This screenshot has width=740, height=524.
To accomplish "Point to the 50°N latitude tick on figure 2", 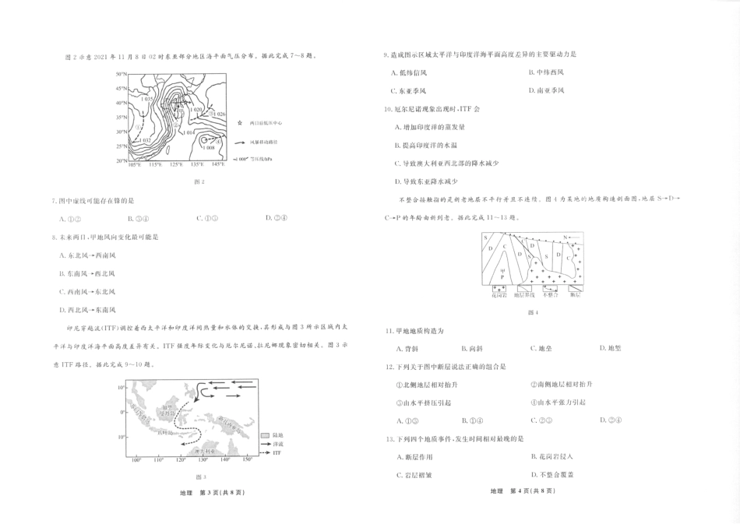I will [122, 74].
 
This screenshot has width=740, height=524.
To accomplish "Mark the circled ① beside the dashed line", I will [138, 128].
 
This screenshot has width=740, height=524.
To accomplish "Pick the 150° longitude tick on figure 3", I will [247, 460].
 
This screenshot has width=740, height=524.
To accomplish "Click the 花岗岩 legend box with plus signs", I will [499, 290].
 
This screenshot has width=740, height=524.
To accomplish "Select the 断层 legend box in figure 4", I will [574, 290].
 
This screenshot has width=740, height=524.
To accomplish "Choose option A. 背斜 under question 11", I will [406, 348].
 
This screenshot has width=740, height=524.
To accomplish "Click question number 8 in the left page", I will [53, 237].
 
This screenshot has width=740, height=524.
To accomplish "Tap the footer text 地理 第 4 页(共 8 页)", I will [521, 491].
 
